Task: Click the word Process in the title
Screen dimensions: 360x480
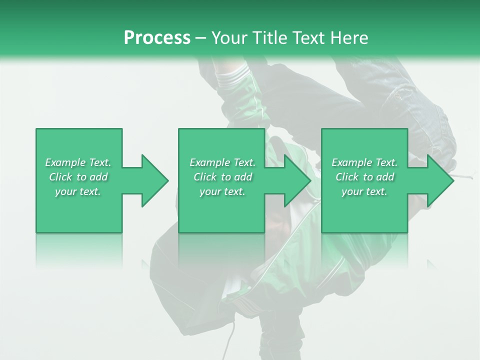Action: (157, 38)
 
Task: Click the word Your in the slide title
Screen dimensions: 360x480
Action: (230, 38)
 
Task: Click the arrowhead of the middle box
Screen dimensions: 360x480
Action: (297, 180)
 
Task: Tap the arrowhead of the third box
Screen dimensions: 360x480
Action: (440, 180)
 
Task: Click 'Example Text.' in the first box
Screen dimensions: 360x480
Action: (78, 162)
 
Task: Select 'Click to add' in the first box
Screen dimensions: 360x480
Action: (78, 177)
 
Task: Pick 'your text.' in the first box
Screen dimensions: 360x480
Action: (78, 191)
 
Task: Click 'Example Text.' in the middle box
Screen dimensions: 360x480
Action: (222, 162)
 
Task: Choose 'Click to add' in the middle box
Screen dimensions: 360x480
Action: (222, 177)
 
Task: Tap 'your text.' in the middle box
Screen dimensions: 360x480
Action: (222, 191)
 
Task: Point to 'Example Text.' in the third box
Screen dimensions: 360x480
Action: (364, 162)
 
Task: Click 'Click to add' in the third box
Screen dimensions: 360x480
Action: (364, 177)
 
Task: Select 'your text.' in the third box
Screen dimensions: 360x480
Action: (364, 191)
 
